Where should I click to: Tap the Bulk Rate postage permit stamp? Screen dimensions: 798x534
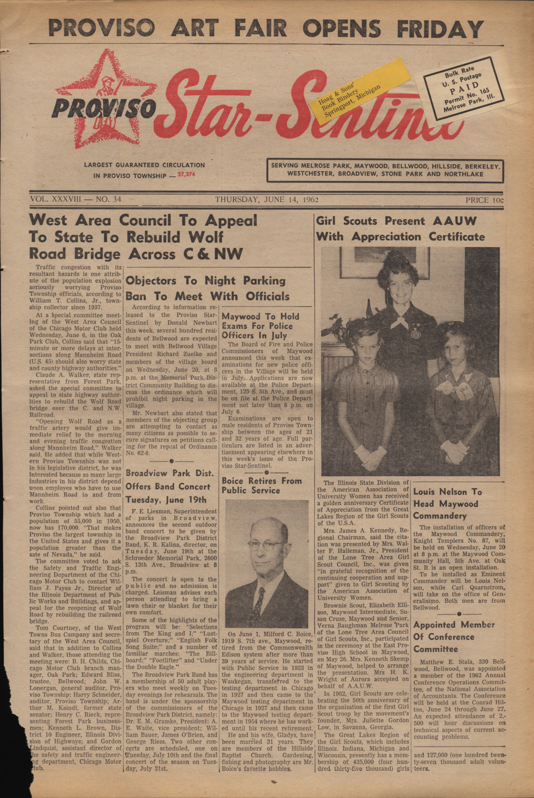464,88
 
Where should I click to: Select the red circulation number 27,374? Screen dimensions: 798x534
186,174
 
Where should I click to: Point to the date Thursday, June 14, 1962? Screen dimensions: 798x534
266,200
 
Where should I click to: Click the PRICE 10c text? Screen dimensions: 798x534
484,200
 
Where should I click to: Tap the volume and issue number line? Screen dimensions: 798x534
75,200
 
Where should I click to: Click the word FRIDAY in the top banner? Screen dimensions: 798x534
440,28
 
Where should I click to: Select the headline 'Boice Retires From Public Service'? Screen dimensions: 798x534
262,485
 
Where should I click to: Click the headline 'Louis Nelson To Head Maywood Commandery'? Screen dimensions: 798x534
445,504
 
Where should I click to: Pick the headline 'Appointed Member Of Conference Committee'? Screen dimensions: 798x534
454,636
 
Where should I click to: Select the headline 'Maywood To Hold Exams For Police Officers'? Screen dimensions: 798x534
261,326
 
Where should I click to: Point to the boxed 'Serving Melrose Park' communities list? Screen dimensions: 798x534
385,170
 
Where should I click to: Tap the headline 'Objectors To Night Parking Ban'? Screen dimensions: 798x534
207,288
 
